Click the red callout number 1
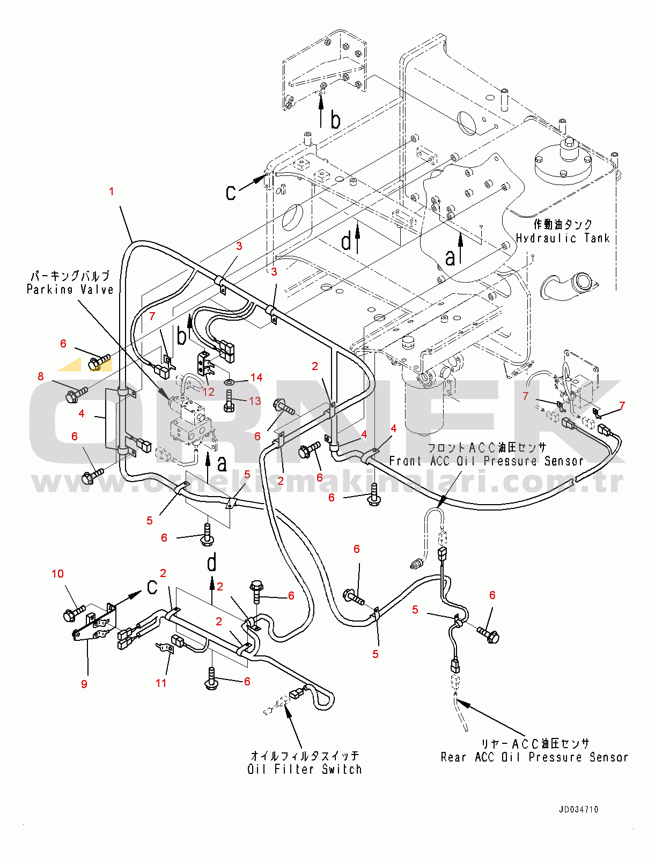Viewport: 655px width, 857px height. click(x=111, y=191)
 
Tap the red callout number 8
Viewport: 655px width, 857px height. click(x=41, y=376)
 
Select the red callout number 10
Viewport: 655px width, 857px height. click(x=57, y=574)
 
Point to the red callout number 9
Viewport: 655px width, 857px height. click(x=84, y=684)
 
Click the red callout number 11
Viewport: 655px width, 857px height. click(x=161, y=683)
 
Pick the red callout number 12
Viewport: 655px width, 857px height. click(x=208, y=392)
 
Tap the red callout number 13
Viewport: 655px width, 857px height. click(x=255, y=401)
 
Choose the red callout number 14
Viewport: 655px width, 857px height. click(x=256, y=378)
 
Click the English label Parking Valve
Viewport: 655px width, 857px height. click(x=70, y=290)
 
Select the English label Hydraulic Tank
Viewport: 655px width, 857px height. click(x=563, y=238)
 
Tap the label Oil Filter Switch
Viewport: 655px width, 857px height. click(x=304, y=769)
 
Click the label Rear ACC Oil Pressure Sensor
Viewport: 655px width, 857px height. click(x=534, y=757)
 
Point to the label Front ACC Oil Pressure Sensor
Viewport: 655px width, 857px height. click(x=486, y=461)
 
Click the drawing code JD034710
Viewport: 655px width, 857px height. click(x=578, y=809)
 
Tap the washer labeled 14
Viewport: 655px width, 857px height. click(x=230, y=382)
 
